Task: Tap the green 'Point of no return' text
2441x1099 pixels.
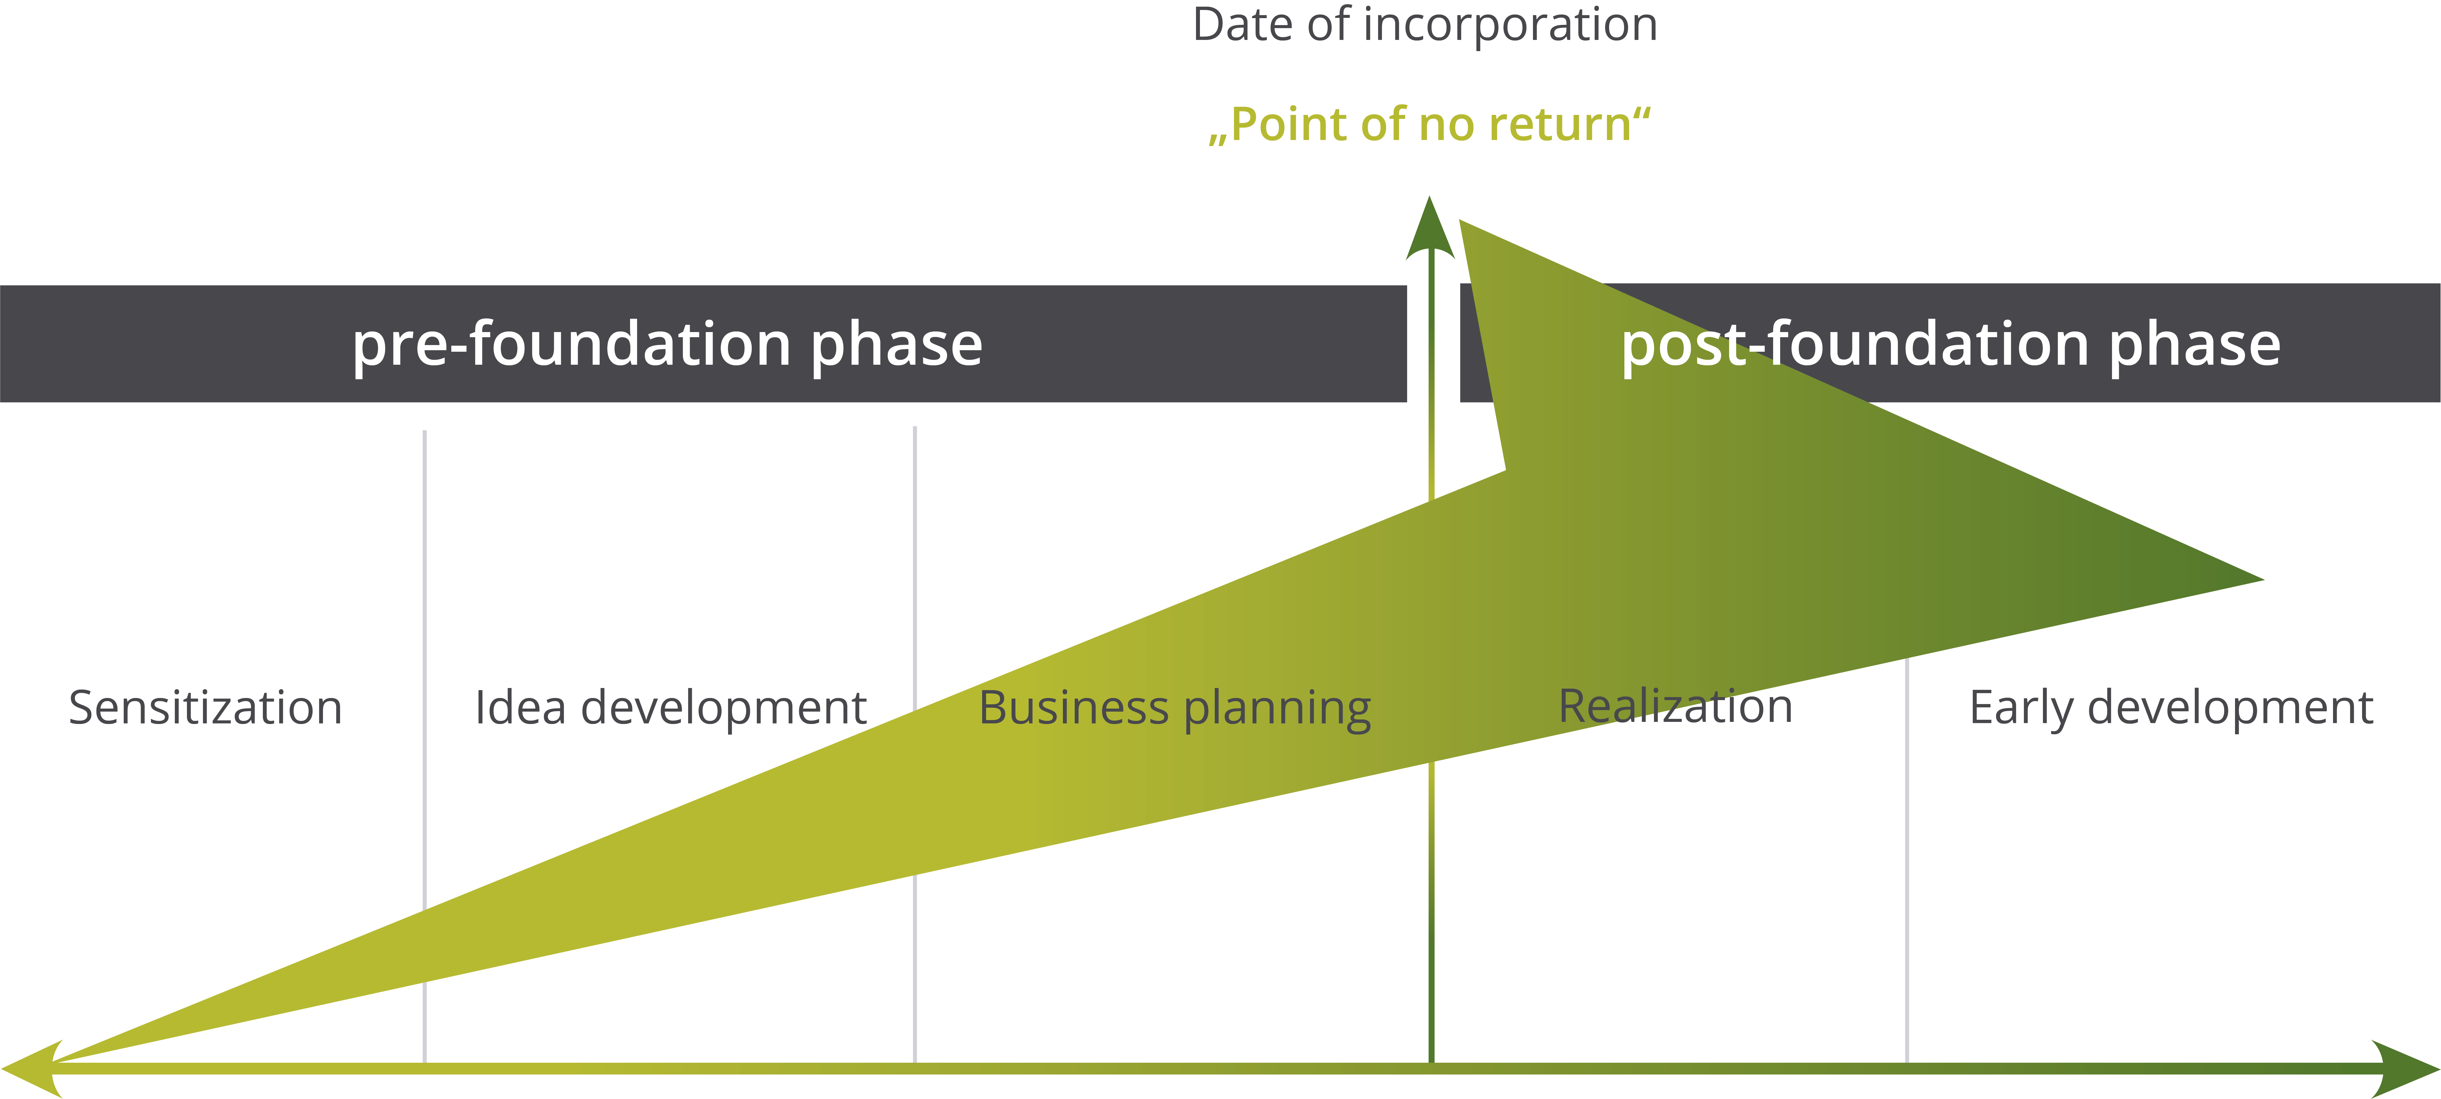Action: [1429, 124]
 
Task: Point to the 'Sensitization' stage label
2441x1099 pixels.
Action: [205, 708]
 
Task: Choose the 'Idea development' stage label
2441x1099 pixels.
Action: [670, 708]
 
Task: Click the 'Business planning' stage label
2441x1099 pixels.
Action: [1174, 708]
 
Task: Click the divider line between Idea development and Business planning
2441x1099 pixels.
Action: [914, 569]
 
